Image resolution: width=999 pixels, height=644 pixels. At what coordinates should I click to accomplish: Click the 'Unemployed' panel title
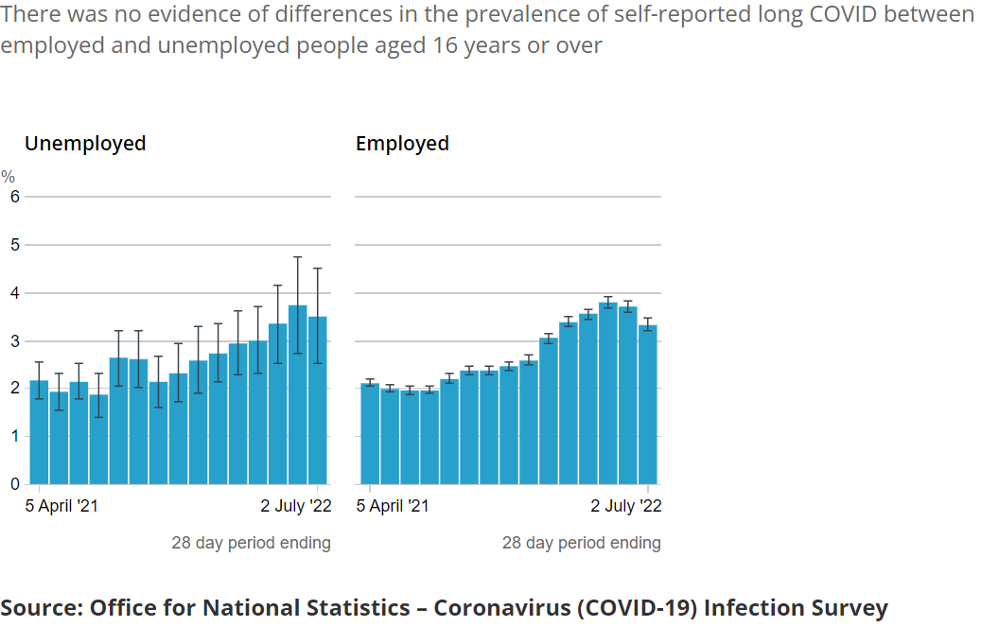85,144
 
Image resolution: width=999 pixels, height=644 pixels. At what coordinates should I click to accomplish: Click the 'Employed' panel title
402,144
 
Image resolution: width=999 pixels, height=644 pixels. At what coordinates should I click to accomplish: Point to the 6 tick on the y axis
14,197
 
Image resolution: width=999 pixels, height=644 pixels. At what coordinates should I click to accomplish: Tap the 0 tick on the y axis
14,484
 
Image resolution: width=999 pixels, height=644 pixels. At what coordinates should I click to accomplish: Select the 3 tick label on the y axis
14,340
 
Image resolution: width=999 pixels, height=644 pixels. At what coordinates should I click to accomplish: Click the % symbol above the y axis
8,177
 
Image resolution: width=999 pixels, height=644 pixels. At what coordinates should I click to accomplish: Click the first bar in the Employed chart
370,434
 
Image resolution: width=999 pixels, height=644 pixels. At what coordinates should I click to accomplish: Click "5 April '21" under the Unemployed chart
61,506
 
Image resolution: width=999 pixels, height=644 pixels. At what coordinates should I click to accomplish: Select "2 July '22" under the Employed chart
626,506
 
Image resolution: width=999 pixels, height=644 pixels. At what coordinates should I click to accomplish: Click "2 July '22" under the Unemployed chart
296,506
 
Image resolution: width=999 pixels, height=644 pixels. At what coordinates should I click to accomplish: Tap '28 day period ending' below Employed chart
581,543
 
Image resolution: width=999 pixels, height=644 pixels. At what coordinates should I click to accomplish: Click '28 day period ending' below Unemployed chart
251,543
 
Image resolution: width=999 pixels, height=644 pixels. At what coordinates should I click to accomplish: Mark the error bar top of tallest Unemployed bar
298,257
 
